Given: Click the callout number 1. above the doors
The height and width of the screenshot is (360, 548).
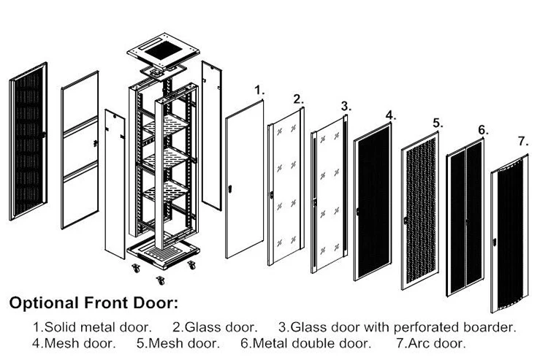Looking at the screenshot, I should coord(259,90).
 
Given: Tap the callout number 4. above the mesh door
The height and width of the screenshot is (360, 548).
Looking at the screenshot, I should coord(391,115).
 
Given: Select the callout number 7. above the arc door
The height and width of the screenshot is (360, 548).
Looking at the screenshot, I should coord(522,140).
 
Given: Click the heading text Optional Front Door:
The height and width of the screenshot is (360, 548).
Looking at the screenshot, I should coord(93,302).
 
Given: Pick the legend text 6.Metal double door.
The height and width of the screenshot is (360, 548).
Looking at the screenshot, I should coord(305,342).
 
